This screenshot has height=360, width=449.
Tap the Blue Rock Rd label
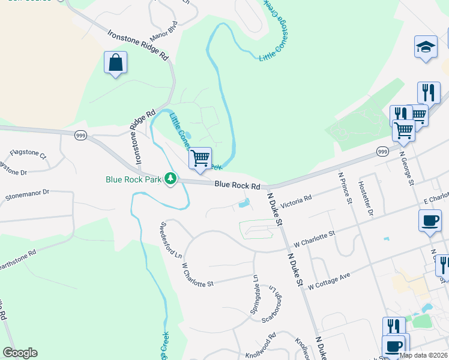(x=237, y=186)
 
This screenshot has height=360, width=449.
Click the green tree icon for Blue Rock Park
(x=171, y=178)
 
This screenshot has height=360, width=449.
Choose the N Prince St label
(x=345, y=188)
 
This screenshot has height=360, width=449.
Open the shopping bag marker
(x=115, y=62)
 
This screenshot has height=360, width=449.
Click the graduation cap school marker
(x=426, y=47)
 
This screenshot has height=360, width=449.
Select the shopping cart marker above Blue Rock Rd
(x=200, y=158)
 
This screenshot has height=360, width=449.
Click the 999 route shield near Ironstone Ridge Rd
(x=80, y=136)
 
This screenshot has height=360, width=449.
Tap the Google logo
(x=20, y=353)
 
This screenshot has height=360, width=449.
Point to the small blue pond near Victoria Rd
(x=244, y=204)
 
